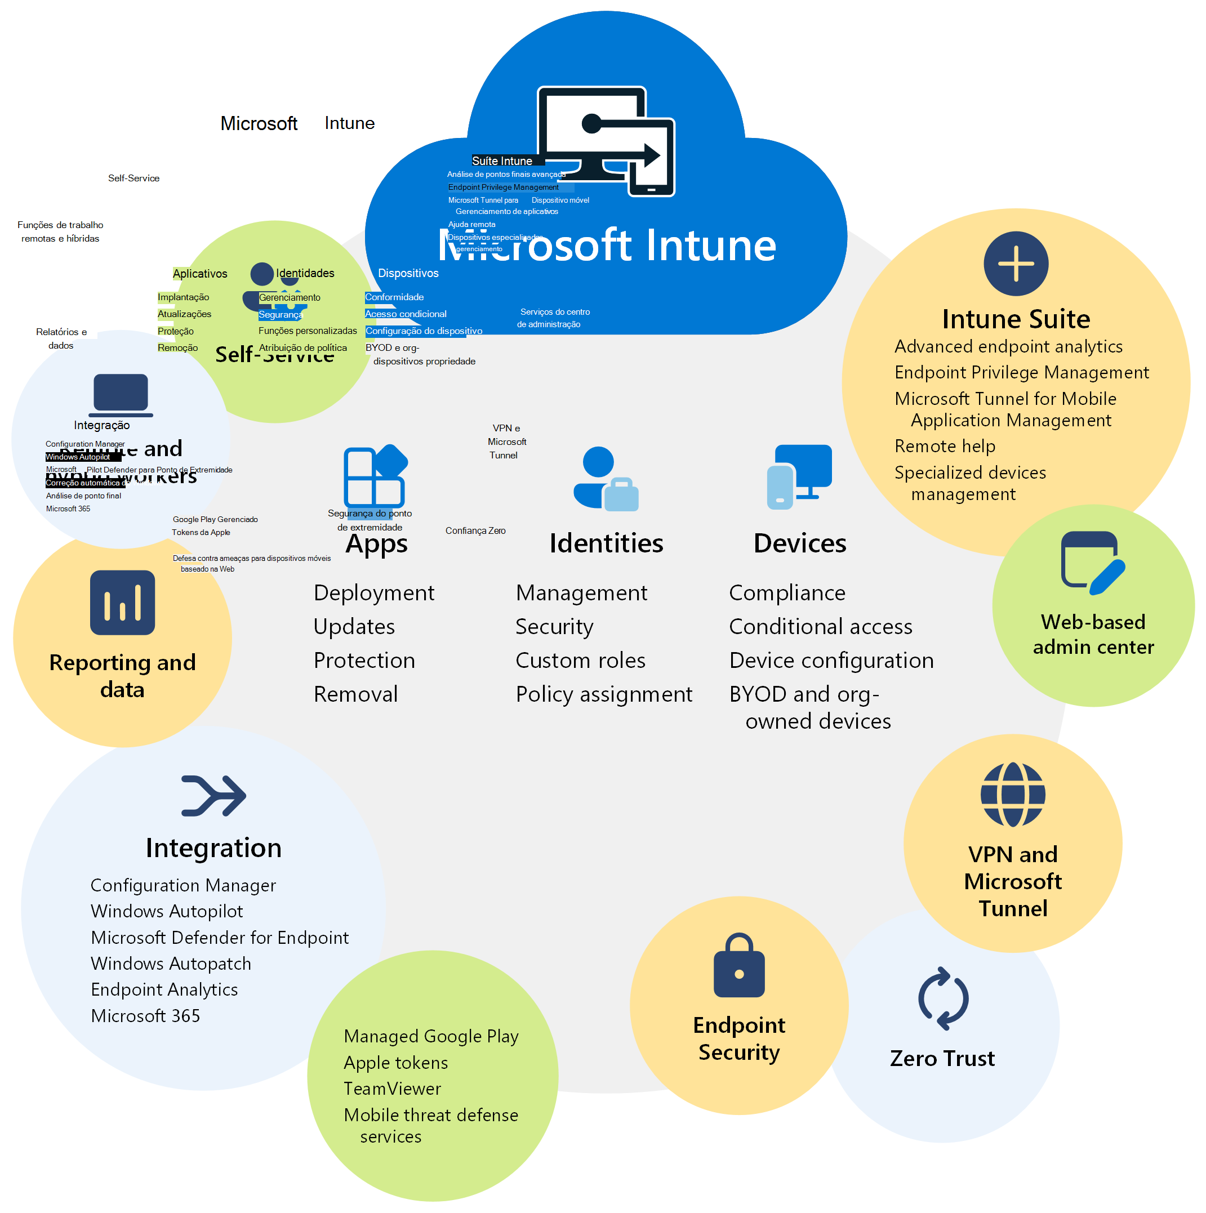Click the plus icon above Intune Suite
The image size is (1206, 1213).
tap(1016, 264)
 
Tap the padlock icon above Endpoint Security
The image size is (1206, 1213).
tap(739, 966)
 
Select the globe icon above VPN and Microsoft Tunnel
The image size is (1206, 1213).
tap(1013, 795)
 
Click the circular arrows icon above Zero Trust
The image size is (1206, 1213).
tap(943, 999)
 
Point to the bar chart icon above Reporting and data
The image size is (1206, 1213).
tap(122, 603)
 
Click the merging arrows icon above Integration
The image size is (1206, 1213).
tap(213, 796)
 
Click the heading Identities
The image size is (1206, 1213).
tap(606, 543)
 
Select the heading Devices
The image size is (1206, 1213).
tap(800, 543)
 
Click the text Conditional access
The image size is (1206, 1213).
tap(820, 627)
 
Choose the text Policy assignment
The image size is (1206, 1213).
tap(604, 694)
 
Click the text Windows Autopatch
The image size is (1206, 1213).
tap(171, 964)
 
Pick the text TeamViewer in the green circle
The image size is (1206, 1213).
tap(393, 1089)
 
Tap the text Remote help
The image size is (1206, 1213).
tap(945, 447)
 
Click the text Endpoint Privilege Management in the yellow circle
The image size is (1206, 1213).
tap(1021, 372)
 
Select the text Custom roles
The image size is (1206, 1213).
tap(580, 661)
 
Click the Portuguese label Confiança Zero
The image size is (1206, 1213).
tap(475, 531)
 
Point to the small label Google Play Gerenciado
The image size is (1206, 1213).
tap(215, 520)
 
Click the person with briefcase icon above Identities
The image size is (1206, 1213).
tap(605, 479)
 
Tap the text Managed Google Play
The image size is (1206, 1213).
tap(431, 1037)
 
